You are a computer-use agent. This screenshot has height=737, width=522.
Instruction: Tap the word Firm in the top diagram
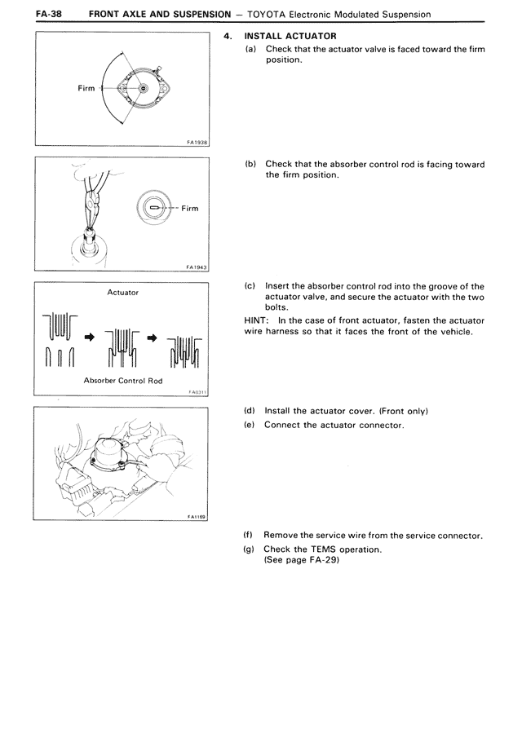coord(86,88)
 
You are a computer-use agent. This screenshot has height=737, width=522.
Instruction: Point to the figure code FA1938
coord(196,142)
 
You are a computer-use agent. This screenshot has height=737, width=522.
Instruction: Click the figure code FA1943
coord(196,267)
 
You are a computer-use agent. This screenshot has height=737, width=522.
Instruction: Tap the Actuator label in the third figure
coord(122,292)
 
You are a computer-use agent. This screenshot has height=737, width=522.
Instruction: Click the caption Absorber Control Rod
coord(122,381)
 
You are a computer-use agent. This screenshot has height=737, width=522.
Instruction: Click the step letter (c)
coord(250,286)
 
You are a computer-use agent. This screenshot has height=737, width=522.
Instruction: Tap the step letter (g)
coord(250,549)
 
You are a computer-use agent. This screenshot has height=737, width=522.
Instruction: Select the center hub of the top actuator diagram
coord(144,88)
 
